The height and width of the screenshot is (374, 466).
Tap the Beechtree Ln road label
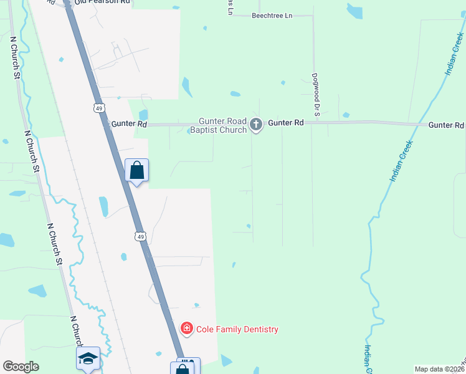(272, 15)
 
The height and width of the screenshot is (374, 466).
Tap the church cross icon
(255, 125)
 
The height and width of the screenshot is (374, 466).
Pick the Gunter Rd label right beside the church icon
(286, 123)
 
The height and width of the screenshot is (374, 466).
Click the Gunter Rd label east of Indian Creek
(446, 125)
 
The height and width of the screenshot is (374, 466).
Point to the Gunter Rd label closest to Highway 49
(129, 124)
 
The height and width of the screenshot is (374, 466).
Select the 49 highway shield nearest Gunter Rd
(99, 108)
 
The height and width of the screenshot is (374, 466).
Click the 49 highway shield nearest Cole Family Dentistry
(140, 236)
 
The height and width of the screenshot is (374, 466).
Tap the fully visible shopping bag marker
(137, 170)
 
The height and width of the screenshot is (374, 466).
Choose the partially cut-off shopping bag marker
(182, 368)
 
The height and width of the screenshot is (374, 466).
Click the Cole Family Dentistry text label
(237, 329)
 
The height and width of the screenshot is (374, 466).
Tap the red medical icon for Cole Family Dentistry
(186, 328)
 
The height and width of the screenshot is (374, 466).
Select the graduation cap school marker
(88, 358)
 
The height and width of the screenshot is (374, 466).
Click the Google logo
(21, 367)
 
